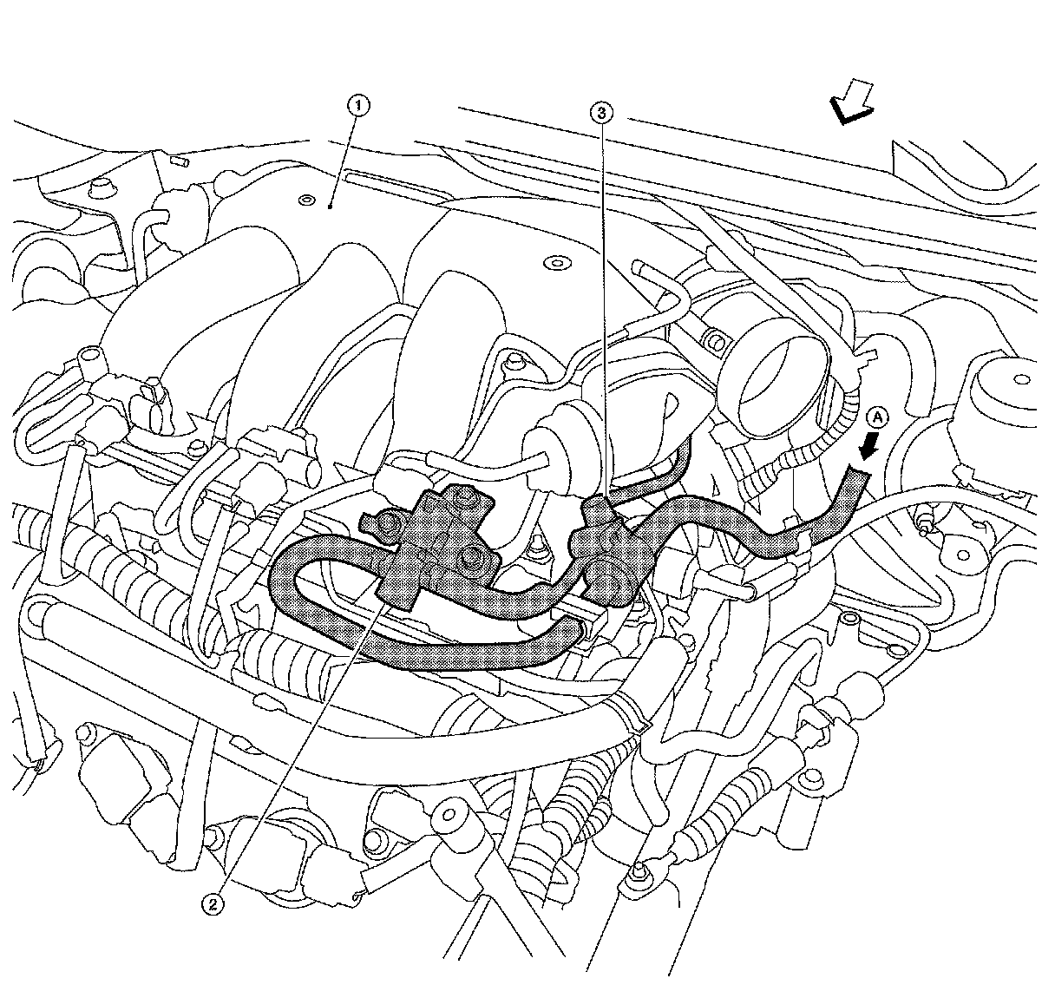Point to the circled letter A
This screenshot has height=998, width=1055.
[x=879, y=418]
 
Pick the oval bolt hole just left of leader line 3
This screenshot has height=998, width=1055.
[x=551, y=261]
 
